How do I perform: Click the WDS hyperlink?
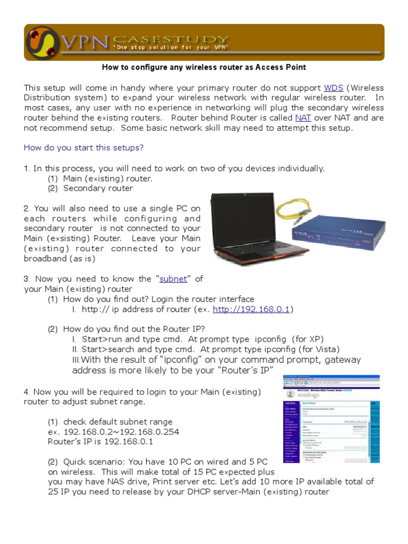(333, 88)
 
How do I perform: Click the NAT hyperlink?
(303, 118)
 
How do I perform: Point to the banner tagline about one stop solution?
(169, 49)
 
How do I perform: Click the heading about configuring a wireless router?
(204, 67)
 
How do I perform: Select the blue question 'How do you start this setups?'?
(84, 147)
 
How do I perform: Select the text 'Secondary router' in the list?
(98, 188)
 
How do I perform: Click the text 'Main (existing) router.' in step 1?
(108, 178)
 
